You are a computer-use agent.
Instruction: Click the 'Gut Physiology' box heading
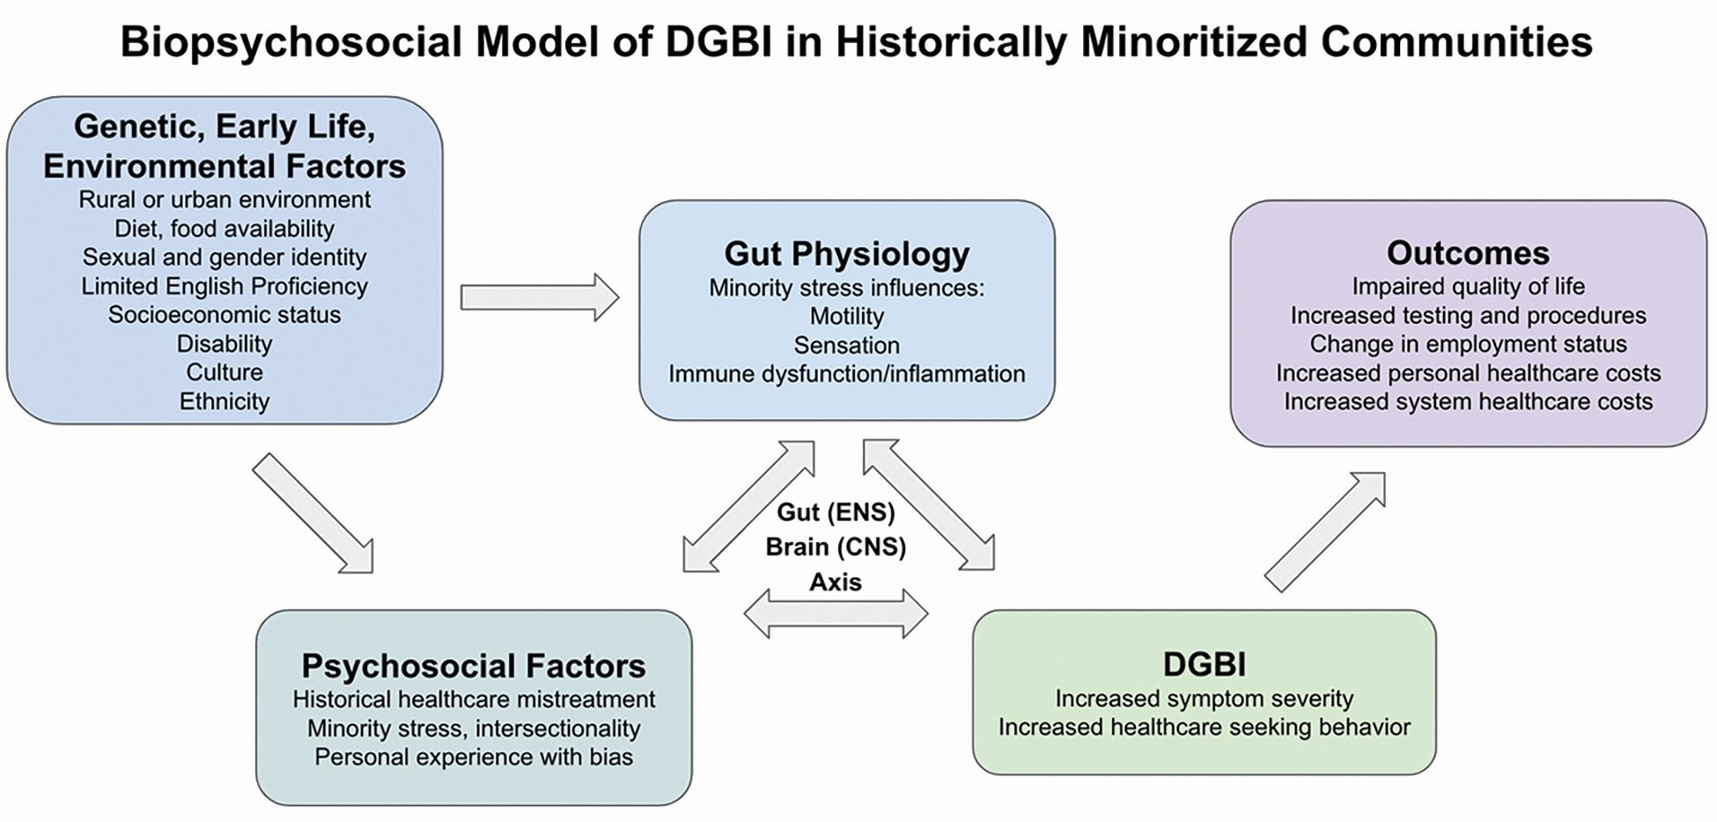[x=846, y=253]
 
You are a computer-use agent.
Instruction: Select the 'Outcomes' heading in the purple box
[x=1468, y=253]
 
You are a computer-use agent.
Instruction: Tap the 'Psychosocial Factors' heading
[x=474, y=665]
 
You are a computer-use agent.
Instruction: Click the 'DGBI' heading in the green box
[x=1204, y=664]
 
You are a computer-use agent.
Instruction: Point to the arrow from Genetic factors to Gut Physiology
[x=540, y=297]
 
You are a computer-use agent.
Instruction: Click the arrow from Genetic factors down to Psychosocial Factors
[x=313, y=514]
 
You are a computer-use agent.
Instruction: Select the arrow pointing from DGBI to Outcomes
[x=1325, y=532]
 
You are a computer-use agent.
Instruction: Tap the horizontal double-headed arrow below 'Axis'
[x=836, y=613]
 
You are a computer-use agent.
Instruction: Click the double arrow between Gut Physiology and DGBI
[x=929, y=505]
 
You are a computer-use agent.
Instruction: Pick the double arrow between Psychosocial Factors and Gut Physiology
[x=748, y=506]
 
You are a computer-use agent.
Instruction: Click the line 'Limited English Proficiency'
[x=225, y=286]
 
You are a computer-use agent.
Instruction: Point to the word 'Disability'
[x=225, y=343]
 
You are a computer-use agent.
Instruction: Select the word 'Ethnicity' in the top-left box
[x=225, y=401]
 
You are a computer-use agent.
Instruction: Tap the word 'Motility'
[x=846, y=316]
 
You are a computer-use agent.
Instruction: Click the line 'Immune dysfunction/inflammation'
[x=846, y=374]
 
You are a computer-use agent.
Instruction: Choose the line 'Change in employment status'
[x=1468, y=344]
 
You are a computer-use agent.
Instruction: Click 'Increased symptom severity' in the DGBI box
[x=1204, y=699]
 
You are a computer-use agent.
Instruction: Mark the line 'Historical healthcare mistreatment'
[x=474, y=700]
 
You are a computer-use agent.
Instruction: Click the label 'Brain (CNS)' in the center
[x=836, y=547]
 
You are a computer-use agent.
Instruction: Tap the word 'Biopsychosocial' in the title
[x=291, y=42]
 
